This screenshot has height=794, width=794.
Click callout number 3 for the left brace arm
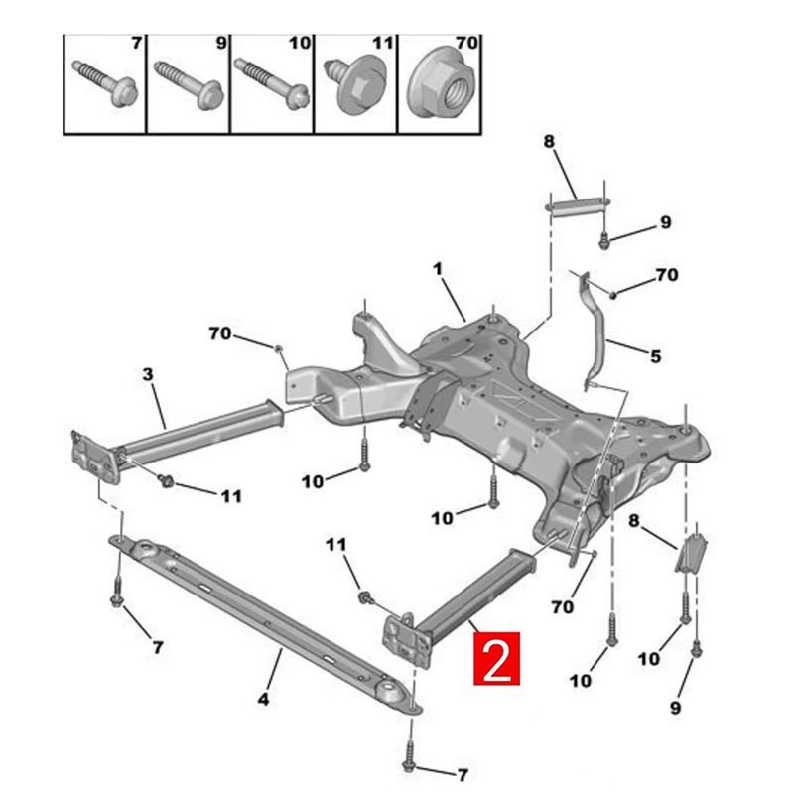tap(147, 374)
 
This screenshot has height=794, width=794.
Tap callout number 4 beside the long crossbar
tap(263, 700)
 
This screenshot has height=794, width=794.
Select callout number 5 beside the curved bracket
tap(655, 355)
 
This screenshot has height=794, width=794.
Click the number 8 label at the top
tap(549, 142)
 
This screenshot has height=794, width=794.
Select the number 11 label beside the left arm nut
tap(230, 495)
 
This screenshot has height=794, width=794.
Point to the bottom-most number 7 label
tap(461, 774)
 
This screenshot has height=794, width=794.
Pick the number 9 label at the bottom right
tap(675, 708)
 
